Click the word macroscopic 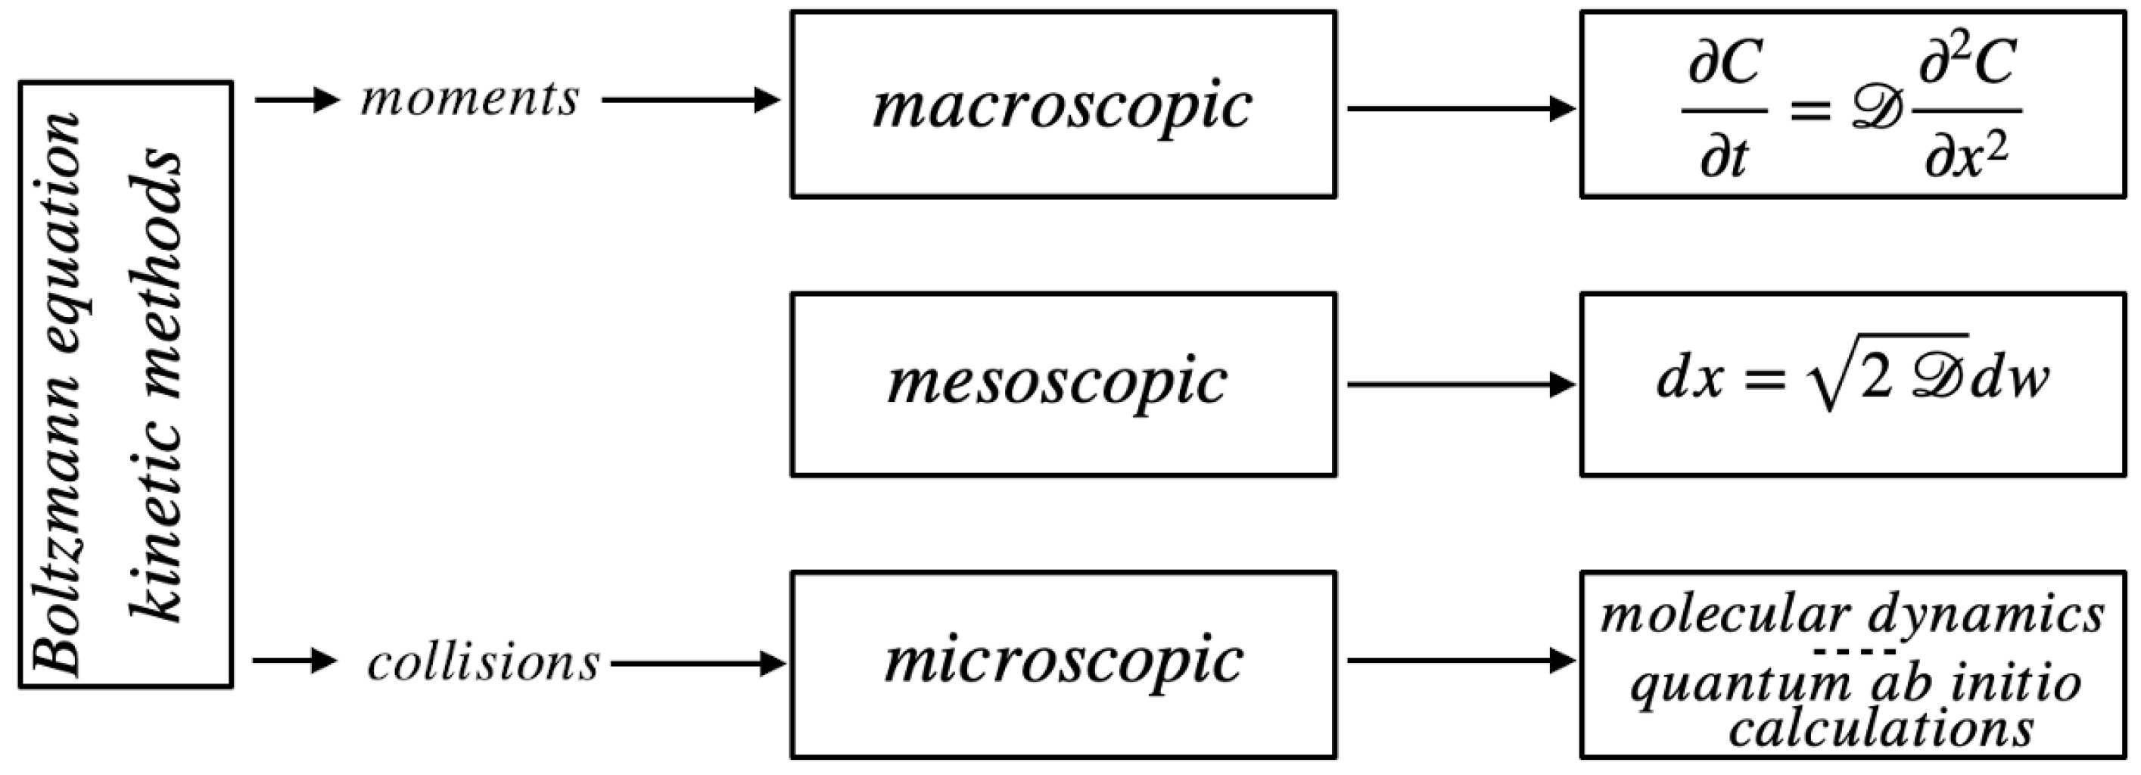(1063, 107)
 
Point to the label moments (469, 99)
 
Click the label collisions (483, 664)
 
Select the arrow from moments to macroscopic (690, 101)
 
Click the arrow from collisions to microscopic (697, 664)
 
